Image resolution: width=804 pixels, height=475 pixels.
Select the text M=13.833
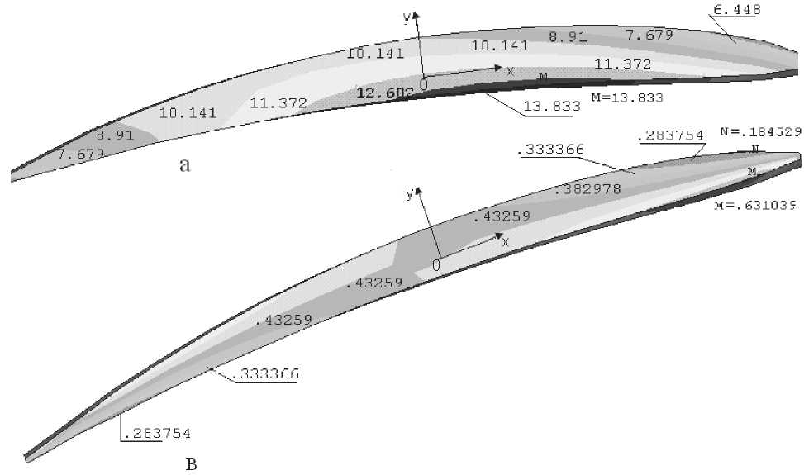coord(627,97)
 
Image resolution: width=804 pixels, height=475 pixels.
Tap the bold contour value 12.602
coord(384,93)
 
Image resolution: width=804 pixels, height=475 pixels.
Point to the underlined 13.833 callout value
coord(552,106)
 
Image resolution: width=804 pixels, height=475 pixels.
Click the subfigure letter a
coord(184,165)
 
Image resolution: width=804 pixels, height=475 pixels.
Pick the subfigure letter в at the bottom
coord(191,465)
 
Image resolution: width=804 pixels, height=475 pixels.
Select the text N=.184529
coord(761,131)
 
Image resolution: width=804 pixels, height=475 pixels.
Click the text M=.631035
coord(755,206)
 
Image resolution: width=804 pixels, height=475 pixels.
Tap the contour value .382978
coord(588,190)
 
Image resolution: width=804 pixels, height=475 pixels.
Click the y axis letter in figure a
coord(407,18)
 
